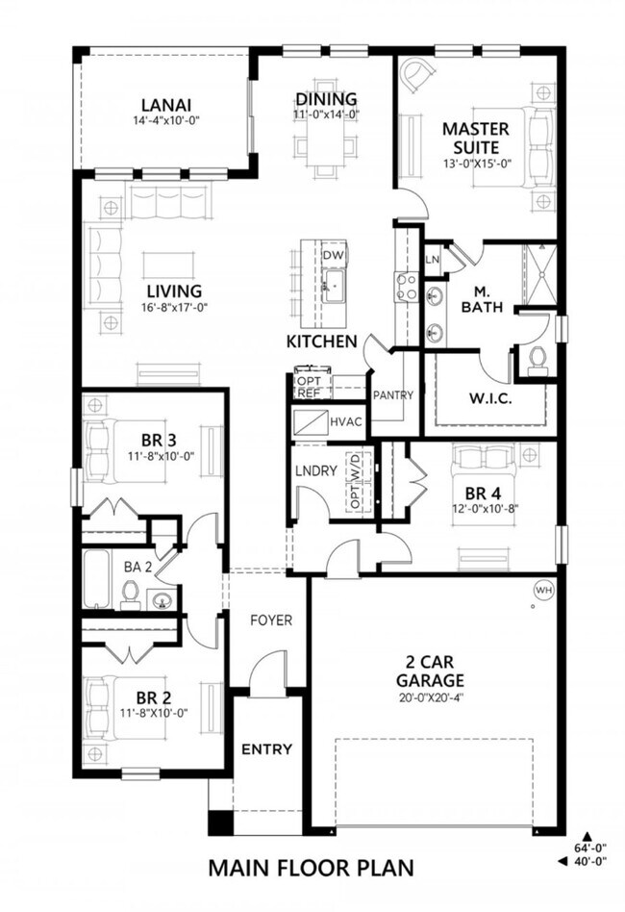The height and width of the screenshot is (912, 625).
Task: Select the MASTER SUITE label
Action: coord(470,138)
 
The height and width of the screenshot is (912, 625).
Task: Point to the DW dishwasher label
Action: coord(333,255)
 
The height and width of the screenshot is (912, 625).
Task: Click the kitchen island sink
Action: coord(333,285)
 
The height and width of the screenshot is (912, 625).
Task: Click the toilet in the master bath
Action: coord(537,358)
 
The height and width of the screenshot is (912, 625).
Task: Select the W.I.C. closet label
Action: coord(490,398)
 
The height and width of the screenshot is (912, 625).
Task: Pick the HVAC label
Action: coord(344,421)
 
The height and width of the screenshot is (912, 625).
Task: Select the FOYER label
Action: coord(272,621)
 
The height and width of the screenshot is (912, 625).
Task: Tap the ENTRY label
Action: coord(266,749)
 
